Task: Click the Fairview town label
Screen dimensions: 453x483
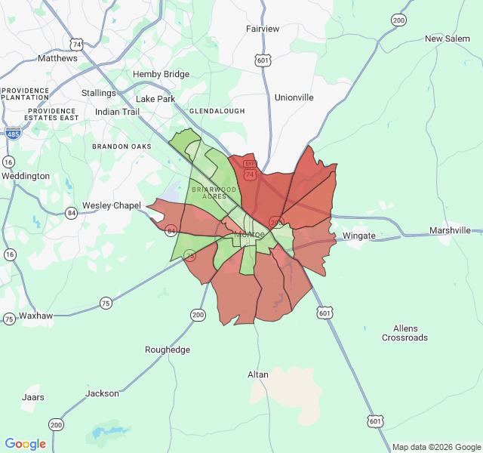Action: pos(263,29)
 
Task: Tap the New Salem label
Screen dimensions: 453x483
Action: pos(447,39)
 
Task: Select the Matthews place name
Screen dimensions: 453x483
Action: pos(57,58)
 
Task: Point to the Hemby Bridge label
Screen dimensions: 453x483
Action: pos(161,74)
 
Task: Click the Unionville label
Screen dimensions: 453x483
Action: pos(294,97)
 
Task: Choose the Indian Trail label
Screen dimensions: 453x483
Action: pos(117,112)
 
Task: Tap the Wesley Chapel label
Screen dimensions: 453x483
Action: pos(112,205)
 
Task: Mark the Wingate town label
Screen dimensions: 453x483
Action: pos(358,236)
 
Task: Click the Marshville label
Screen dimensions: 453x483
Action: pos(450,230)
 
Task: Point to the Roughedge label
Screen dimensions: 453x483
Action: pos(168,350)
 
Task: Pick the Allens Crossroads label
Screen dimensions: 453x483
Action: pos(405,333)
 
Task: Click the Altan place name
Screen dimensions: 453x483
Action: pos(257,374)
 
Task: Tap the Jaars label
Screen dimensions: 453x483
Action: pos(33,397)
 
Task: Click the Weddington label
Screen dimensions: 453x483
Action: pos(26,176)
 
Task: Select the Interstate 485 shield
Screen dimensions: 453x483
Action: pos(13,133)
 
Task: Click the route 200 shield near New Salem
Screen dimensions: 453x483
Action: pos(398,20)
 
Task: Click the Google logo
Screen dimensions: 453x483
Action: pos(26,444)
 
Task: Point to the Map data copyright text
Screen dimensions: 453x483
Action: pos(435,447)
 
